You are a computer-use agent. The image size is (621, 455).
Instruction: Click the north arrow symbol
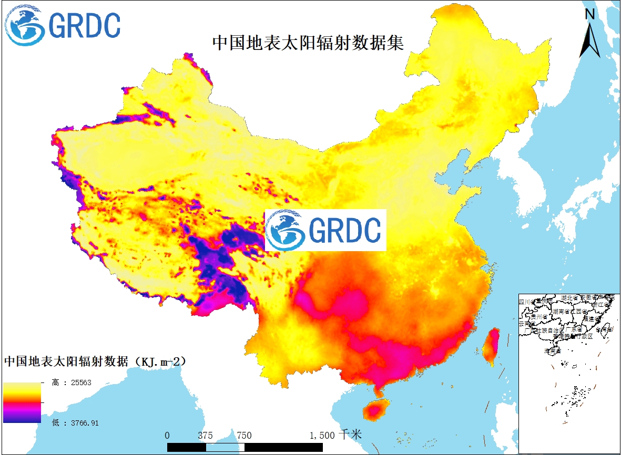coord(589,40)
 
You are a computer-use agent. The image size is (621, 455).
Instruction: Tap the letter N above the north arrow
coord(589,15)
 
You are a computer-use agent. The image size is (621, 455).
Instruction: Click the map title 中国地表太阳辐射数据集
coord(308,43)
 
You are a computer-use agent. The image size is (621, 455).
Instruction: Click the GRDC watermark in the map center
coord(325,230)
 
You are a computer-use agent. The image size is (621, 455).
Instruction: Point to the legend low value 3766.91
coord(75,422)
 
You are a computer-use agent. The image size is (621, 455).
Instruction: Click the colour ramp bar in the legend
coord(22,402)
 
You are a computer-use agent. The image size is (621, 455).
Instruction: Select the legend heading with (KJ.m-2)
coord(95,362)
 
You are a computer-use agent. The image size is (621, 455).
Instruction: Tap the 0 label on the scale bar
coord(167,436)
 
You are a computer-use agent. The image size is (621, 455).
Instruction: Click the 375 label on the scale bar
coord(205,436)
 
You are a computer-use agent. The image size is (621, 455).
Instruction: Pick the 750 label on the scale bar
coord(244,436)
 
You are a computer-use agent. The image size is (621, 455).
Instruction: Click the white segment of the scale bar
coord(226,447)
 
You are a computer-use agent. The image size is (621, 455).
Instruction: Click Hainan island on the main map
coord(375,409)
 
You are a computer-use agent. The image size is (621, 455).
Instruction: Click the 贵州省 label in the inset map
coord(539,317)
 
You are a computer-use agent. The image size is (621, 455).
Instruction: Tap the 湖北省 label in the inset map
coord(569,298)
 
